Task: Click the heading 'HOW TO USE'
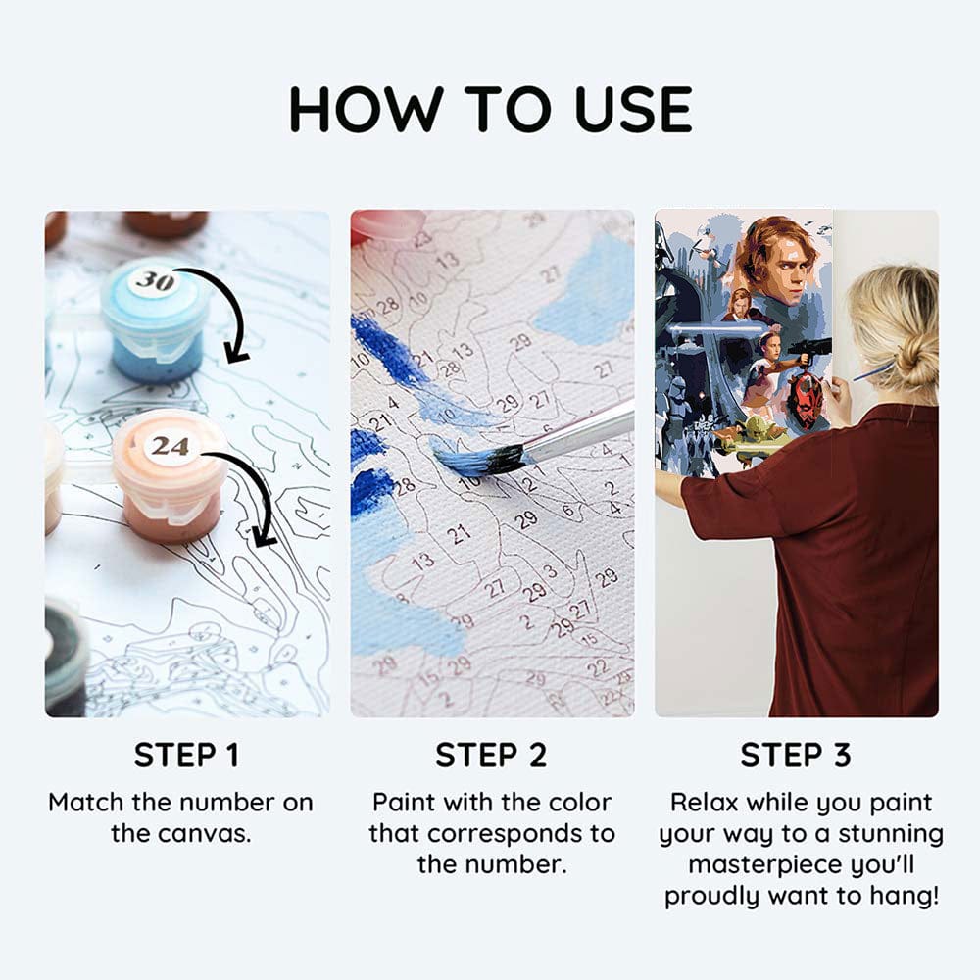pos(491,110)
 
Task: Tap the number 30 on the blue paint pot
pos(155,281)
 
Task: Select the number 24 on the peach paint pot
pos(170,446)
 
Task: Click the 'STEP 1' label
pos(187,755)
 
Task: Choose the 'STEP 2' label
pos(491,755)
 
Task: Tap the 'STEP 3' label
pos(796,755)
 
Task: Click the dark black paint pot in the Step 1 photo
pos(65,657)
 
